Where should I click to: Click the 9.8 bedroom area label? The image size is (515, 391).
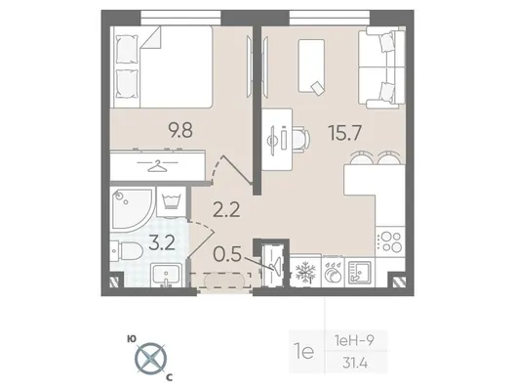pyautogui.click(x=180, y=130)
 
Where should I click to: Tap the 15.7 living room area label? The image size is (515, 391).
pyautogui.click(x=345, y=133)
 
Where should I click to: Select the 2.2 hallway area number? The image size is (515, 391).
pyautogui.click(x=226, y=210)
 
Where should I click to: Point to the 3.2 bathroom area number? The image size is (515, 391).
pyautogui.click(x=162, y=243)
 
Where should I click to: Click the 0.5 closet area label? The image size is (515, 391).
pyautogui.click(x=227, y=254)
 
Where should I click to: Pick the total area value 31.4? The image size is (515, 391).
pyautogui.click(x=355, y=364)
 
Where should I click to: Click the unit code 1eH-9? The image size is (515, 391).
pyautogui.click(x=354, y=341)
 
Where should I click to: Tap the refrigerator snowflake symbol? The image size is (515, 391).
pyautogui.click(x=305, y=273)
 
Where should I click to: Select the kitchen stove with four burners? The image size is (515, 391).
pyautogui.click(x=389, y=241)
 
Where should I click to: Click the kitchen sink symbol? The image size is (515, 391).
pyautogui.click(x=360, y=272)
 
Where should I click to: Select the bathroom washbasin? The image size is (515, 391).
pyautogui.click(x=167, y=275)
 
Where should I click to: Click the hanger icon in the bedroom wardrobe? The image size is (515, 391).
pyautogui.click(x=157, y=166)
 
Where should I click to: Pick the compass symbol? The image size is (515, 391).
pyautogui.click(x=151, y=358)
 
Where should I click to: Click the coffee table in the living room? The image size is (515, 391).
pyautogui.click(x=311, y=66)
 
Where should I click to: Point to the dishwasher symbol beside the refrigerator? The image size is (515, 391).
pyautogui.click(x=333, y=272)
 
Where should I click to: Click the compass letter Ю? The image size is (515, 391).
pyautogui.click(x=132, y=339)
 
